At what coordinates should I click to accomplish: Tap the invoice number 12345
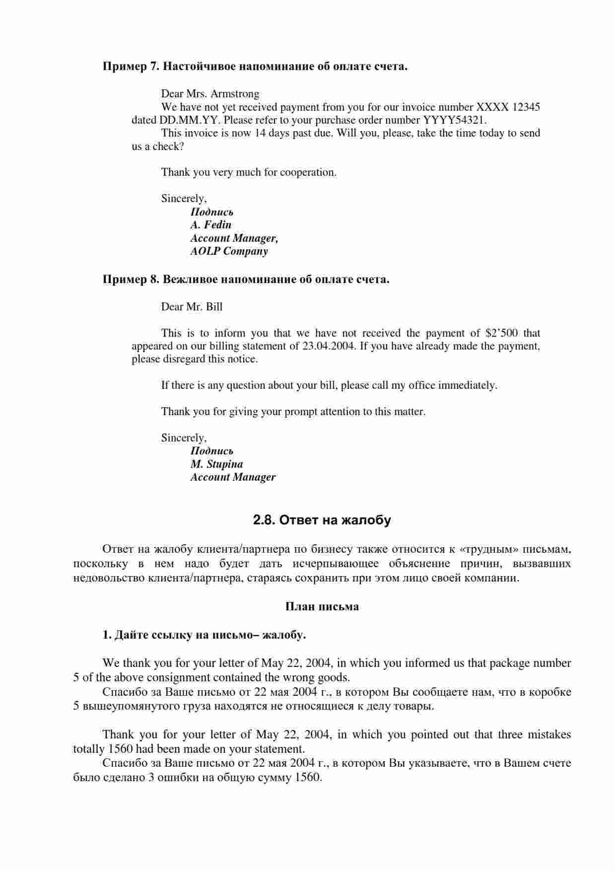[526, 107]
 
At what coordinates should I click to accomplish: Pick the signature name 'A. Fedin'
[210, 224]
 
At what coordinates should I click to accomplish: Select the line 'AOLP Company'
[229, 251]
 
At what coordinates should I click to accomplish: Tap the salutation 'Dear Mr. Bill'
[192, 306]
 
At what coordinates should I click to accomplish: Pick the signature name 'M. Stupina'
[216, 464]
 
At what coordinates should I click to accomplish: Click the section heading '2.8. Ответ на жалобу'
[322, 520]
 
